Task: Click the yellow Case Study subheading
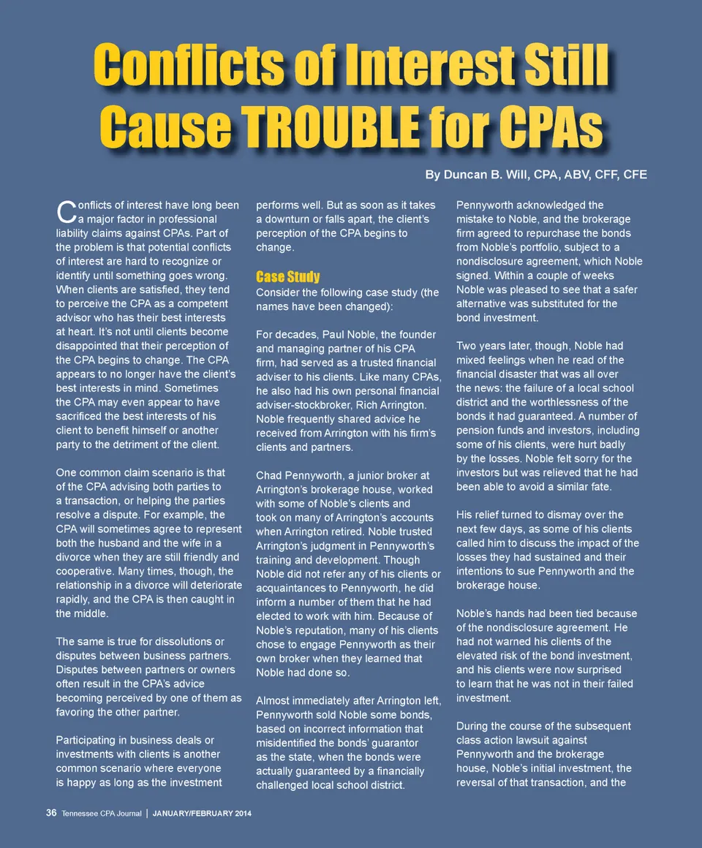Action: coord(287,276)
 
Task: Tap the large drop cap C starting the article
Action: coord(64,211)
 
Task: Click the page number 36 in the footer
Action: coord(51,814)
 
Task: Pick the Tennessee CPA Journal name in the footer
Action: coord(102,814)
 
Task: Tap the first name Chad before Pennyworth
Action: coord(269,476)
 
